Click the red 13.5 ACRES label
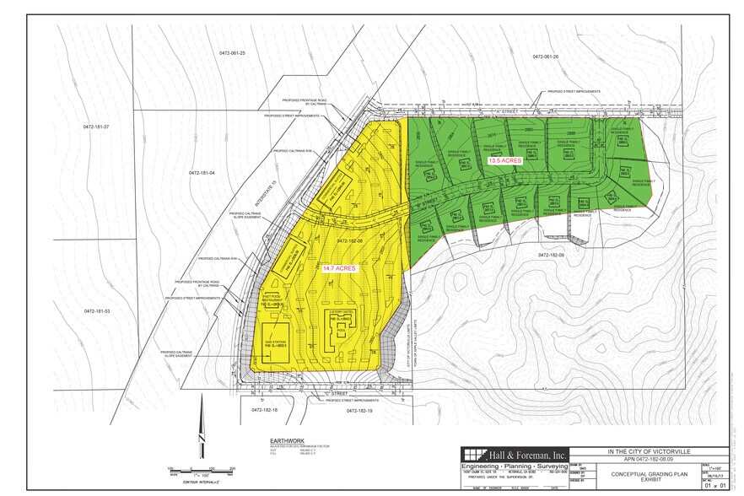tap(504, 159)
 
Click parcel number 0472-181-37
tap(97, 127)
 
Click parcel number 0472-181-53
tap(97, 312)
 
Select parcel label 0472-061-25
tap(229, 53)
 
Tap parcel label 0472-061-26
tap(546, 57)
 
